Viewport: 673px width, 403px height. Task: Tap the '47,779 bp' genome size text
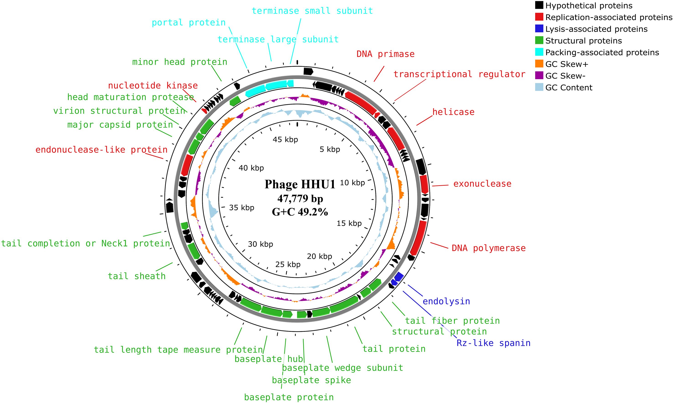(300, 199)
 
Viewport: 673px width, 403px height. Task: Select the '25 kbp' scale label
(288, 264)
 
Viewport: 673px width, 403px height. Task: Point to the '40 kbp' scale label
(251, 168)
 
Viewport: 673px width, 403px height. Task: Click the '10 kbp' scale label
(352, 183)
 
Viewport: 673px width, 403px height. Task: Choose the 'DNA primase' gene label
(386, 54)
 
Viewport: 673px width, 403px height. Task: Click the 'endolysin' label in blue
(446, 301)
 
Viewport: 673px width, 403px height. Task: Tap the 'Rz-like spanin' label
(493, 343)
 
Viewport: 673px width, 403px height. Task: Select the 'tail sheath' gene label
(137, 276)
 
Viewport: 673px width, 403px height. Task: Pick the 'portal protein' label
(189, 23)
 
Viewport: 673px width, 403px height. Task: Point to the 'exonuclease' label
(482, 184)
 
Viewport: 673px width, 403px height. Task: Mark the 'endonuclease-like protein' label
(102, 150)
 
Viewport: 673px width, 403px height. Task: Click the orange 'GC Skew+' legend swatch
(539, 64)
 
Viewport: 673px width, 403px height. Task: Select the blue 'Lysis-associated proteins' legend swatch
(539, 29)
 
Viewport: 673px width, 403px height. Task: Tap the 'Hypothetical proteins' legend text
(589, 6)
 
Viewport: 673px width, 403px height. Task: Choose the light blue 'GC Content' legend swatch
(539, 88)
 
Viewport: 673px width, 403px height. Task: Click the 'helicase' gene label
(453, 112)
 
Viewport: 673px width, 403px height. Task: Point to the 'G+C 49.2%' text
(300, 212)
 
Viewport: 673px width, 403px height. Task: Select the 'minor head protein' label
(180, 62)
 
